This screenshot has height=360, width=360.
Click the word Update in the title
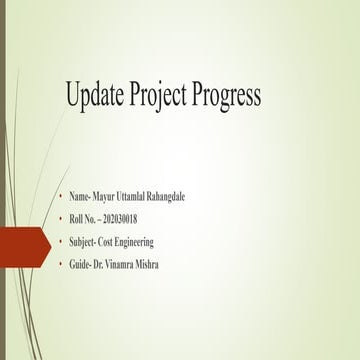pyautogui.click(x=94, y=96)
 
